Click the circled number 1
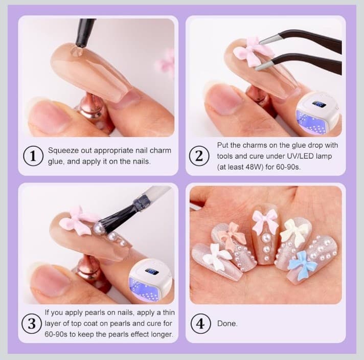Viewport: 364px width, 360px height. point(33,156)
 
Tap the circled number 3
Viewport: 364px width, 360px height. point(32,324)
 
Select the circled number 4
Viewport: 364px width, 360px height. point(199,324)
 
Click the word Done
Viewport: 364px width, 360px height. point(227,324)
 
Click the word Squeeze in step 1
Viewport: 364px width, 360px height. point(63,151)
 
